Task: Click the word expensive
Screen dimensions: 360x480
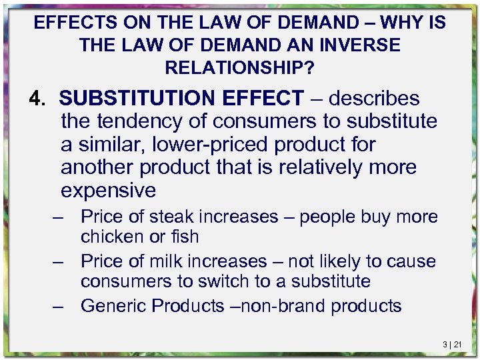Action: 109,191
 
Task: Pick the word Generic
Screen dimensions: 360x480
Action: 115,306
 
